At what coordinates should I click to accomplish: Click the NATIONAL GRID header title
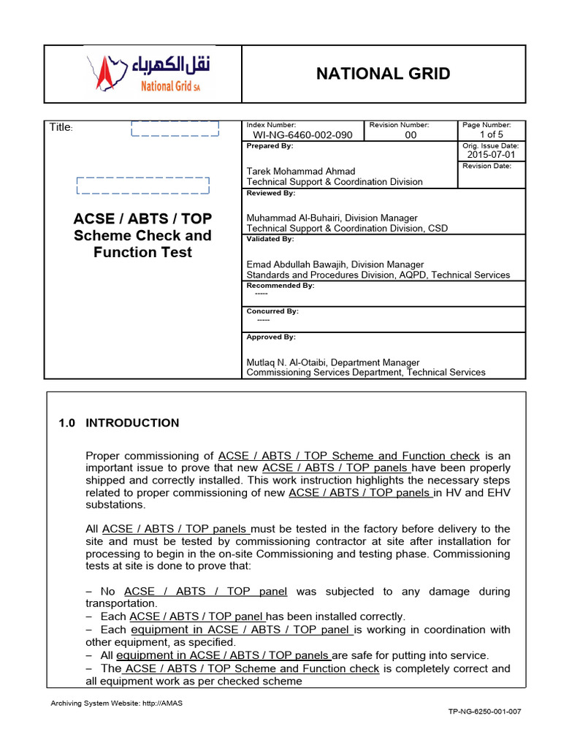(383, 74)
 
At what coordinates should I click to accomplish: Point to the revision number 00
(411, 135)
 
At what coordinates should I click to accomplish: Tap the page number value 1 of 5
(491, 135)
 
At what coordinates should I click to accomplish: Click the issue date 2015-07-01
(491, 155)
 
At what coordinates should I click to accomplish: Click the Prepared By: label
(270, 146)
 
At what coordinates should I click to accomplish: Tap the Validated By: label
(270, 239)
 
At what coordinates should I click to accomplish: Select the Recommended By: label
(280, 286)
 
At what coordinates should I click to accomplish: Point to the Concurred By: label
(272, 311)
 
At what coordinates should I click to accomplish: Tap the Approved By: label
(271, 337)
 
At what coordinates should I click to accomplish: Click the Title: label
(61, 128)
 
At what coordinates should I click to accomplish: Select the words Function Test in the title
(142, 253)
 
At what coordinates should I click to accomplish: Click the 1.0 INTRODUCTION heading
(118, 423)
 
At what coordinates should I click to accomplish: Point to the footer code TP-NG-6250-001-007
(484, 711)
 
